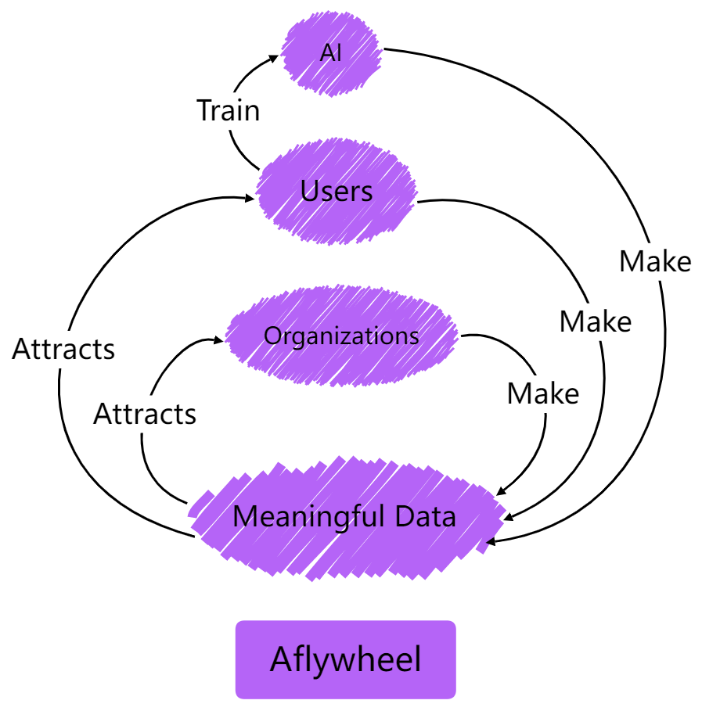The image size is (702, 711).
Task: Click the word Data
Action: pos(425,517)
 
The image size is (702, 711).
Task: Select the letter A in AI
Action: pos(327,53)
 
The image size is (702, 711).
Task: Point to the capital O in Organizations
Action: pos(272,336)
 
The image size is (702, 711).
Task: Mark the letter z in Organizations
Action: pos(355,337)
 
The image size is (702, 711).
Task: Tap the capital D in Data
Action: pos(405,517)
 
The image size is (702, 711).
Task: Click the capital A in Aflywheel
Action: pos(280,659)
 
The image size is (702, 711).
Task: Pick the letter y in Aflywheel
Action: pos(320,664)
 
